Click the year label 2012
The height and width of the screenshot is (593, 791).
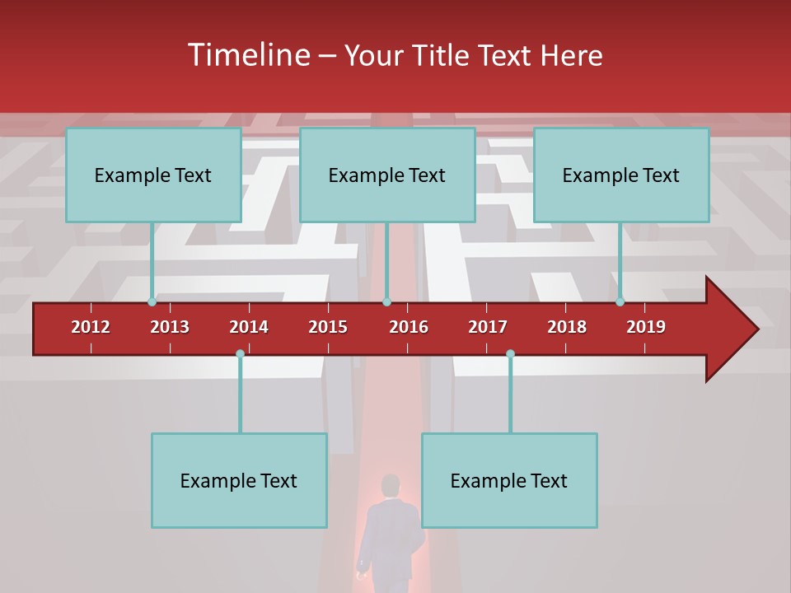91,327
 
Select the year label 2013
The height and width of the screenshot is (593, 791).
170,327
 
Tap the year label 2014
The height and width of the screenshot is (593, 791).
249,327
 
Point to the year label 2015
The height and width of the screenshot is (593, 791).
328,327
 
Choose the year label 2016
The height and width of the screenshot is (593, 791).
409,327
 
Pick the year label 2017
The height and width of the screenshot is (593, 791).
488,327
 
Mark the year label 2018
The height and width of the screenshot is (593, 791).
567,327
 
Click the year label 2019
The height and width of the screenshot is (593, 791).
646,327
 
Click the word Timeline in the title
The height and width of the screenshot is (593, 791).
248,55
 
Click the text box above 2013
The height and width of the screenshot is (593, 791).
153,175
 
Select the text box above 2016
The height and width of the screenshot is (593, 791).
387,175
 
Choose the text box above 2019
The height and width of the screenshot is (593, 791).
621,175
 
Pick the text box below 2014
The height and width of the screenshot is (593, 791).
239,480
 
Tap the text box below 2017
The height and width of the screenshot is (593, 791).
509,480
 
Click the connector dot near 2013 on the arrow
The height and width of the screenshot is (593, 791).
152,301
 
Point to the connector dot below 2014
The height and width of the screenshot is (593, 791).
240,353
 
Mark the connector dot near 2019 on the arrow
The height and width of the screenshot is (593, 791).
620,301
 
